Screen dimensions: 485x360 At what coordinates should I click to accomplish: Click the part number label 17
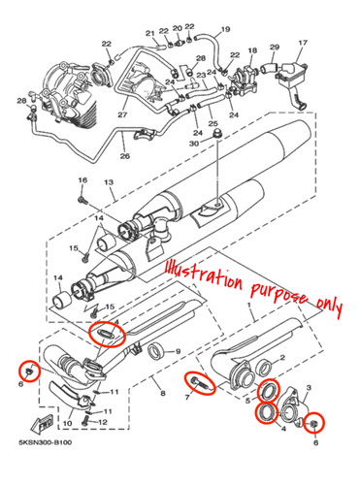[302, 44]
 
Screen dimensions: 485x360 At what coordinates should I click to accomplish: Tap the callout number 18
[252, 50]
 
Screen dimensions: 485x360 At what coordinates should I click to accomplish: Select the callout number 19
[225, 29]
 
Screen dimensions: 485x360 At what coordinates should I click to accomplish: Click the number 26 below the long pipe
[124, 155]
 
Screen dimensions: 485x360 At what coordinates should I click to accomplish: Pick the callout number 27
[123, 115]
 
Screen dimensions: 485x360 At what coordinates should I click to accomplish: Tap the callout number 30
[193, 144]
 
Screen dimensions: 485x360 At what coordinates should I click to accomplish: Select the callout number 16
[82, 181]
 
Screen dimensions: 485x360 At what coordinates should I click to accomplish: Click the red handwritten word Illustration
[200, 272]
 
